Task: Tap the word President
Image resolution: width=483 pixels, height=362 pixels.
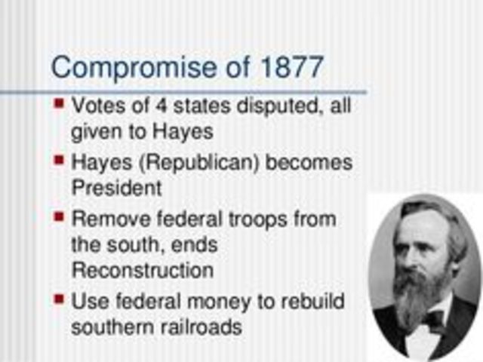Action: (116, 188)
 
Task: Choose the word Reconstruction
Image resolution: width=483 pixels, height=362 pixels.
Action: (142, 269)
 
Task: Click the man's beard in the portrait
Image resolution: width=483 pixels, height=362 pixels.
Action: (420, 298)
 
